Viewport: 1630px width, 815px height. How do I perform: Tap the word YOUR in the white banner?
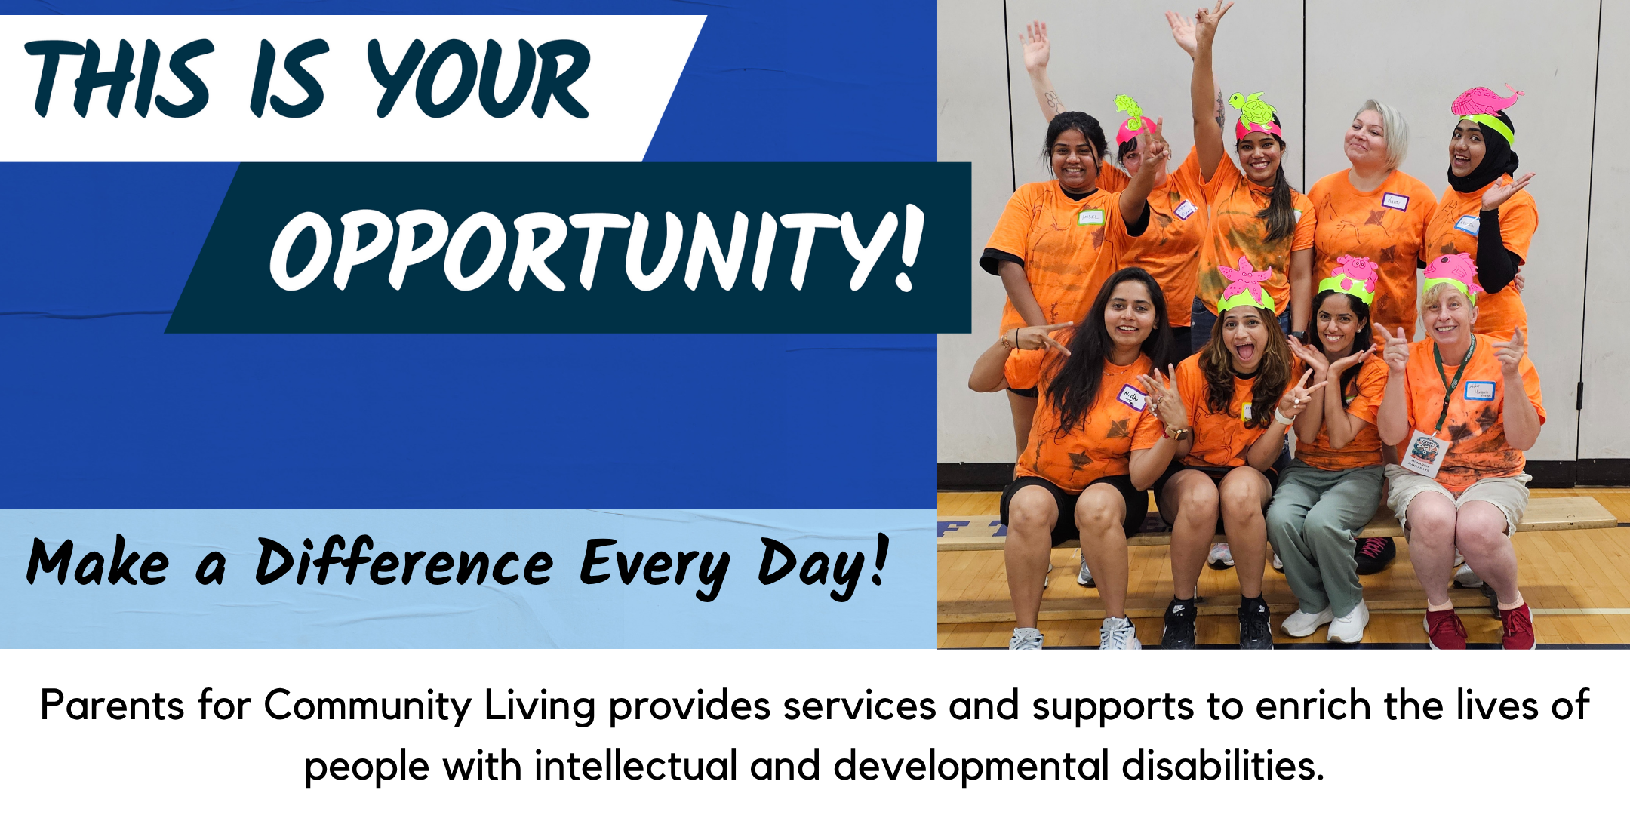tap(478, 78)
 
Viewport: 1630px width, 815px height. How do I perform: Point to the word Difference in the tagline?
tap(404, 564)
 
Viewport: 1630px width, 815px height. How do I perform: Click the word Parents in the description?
tap(112, 706)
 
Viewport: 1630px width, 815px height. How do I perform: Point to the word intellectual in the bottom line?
tap(635, 765)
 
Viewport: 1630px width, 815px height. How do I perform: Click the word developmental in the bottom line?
tap(971, 767)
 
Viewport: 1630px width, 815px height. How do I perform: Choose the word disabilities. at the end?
tap(1222, 765)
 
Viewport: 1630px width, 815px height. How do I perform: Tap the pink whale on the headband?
tap(1487, 100)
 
